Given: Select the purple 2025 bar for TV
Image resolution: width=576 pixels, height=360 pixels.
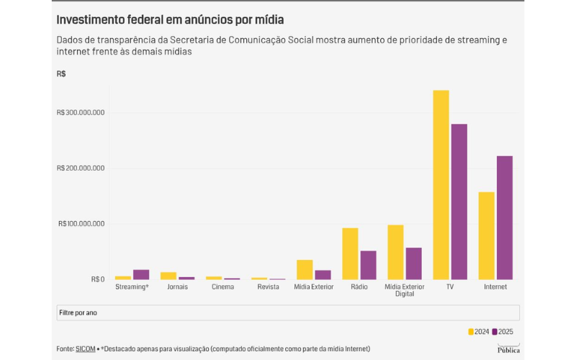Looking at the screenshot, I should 459,202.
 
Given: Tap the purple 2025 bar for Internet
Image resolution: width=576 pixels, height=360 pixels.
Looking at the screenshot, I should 504,217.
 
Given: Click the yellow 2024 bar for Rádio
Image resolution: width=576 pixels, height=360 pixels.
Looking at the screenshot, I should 350,253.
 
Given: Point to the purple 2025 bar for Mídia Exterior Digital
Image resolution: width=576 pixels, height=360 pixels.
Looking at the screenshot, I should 413,264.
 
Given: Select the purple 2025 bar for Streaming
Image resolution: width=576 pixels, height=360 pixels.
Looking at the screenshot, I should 141,274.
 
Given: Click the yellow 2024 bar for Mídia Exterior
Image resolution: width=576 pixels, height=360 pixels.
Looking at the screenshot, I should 305,269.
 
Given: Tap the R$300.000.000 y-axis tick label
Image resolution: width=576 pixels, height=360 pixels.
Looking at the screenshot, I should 81,113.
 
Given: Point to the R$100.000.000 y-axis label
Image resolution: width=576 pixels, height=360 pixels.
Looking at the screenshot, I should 81,224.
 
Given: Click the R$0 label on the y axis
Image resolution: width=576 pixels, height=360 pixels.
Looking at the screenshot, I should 97,279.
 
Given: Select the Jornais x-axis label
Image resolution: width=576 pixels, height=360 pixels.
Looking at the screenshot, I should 177,287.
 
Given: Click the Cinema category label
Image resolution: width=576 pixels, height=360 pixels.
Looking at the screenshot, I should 222,287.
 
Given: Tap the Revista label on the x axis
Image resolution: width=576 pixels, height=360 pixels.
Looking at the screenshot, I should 268,287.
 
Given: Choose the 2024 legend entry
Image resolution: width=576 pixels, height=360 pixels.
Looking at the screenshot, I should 479,332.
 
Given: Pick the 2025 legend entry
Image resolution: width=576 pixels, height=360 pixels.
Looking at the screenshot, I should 503,332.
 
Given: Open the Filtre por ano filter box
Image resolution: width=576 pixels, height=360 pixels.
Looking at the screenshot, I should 287,312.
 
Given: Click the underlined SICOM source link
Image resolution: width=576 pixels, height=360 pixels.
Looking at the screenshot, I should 84,349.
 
